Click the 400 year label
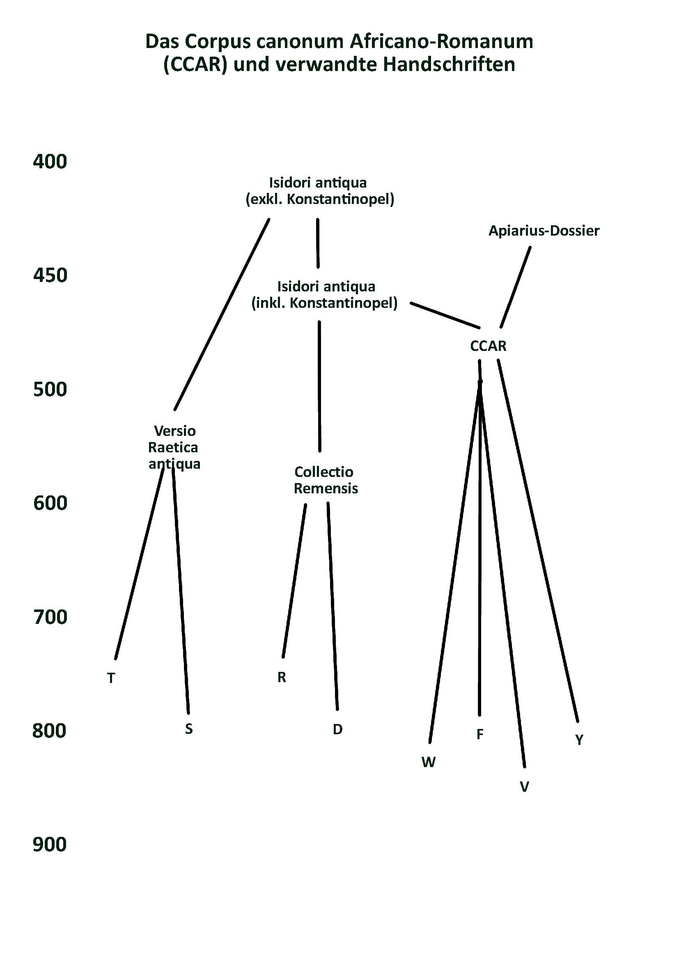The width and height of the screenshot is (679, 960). pos(50,161)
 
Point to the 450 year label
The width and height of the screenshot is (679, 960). pos(50,275)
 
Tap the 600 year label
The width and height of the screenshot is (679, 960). pos(50,503)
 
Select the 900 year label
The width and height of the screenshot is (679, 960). pos(50,844)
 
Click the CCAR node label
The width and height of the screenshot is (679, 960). pos(488,346)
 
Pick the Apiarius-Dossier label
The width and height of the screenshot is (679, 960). pos(544,231)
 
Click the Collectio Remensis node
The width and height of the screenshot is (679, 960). pos(325,480)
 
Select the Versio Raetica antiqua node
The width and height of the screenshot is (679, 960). pos(174,447)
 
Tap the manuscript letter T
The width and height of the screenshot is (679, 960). pos(111,678)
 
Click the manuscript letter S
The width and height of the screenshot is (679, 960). pos(188,729)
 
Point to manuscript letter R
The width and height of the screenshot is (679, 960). pos(281,677)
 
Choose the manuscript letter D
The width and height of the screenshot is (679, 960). pos(337,730)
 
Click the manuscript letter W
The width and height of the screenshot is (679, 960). pos(429,762)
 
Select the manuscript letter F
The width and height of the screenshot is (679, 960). pos(479,734)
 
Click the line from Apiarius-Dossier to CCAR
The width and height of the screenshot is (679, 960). pos(516,288)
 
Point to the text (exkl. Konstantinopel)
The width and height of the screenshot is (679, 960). pos(320,199)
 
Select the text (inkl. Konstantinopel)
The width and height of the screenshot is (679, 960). pos(324,303)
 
